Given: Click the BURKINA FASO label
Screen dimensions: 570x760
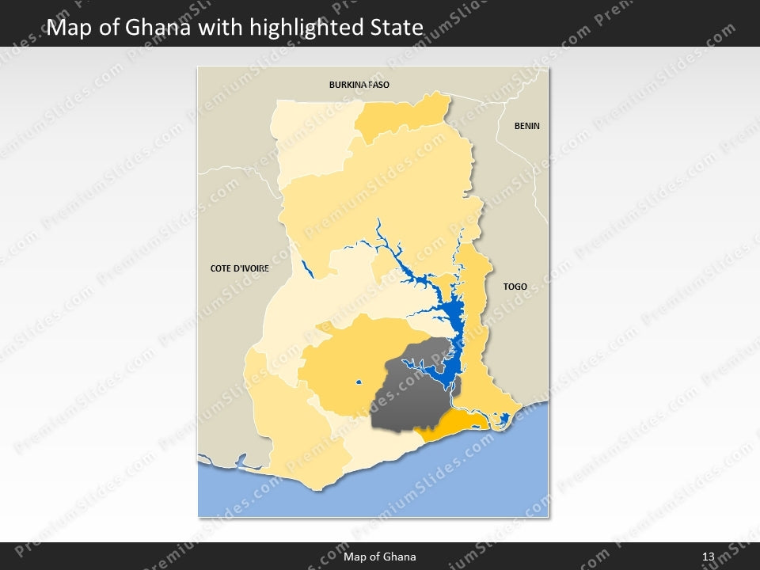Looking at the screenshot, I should (x=359, y=84).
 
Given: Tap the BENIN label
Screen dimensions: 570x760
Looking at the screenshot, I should (x=526, y=126).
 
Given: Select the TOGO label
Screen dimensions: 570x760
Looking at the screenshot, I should (x=515, y=287).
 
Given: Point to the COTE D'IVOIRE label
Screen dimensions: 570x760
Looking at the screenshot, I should (x=240, y=268).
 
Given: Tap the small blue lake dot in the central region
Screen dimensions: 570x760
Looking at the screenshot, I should (x=359, y=383).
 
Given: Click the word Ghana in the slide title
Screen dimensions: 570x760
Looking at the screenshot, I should (x=159, y=28).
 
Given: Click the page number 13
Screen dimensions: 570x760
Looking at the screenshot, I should (x=708, y=557).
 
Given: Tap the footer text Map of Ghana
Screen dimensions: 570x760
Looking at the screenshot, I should (x=380, y=557).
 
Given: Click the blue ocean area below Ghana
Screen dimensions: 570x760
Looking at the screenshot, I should (x=443, y=483).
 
